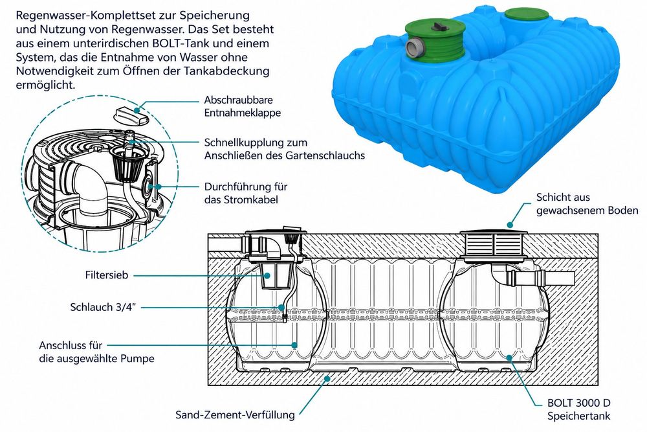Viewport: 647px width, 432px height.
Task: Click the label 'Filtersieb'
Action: pos(107,275)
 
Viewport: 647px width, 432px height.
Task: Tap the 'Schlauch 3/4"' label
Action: pos(103,307)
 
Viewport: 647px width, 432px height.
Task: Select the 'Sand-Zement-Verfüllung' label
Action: pos(235,415)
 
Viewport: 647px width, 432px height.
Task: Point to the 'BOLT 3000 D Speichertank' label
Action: pos(578,409)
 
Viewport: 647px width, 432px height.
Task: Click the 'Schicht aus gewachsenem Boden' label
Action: pos(587,203)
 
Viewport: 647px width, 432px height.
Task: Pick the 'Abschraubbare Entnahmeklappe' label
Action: pos(242,106)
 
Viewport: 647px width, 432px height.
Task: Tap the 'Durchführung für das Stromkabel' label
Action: pos(245,193)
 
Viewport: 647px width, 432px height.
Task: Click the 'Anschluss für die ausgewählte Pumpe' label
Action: pos(96,352)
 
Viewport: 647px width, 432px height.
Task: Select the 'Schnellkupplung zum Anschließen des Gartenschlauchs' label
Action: pos(284,149)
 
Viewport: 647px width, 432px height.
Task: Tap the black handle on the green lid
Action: pos(438,26)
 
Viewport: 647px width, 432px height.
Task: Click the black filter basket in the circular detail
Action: pos(128,162)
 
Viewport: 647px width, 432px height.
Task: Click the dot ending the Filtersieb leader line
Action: pos(267,275)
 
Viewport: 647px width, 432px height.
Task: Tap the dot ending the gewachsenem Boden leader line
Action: pos(510,225)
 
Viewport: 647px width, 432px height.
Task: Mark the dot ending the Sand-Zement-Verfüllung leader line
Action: pos(327,378)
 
